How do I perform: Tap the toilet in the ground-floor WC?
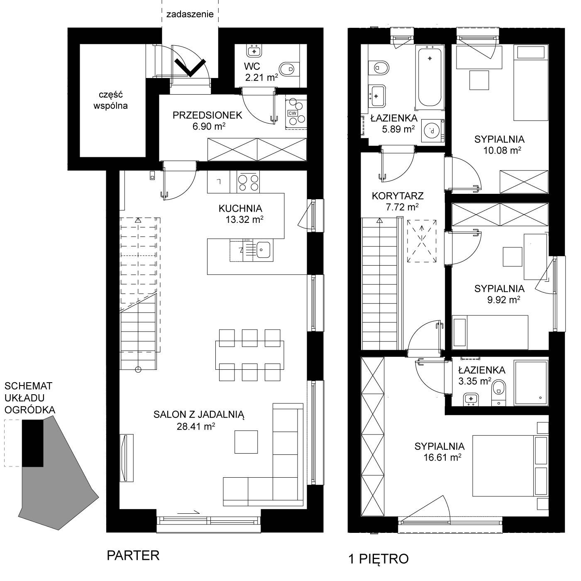click(289, 69)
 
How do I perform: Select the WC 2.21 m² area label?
click(261, 72)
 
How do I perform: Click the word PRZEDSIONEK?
click(207, 115)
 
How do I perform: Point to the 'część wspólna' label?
click(111, 100)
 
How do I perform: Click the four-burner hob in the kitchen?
click(248, 182)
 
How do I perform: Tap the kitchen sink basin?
click(263, 250)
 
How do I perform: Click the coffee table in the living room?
click(246, 442)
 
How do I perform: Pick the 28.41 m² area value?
click(196, 426)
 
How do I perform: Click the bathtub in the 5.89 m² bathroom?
click(430, 77)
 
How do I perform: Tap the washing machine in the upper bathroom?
click(433, 131)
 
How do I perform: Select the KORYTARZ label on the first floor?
click(398, 196)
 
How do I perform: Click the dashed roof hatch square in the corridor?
click(422, 241)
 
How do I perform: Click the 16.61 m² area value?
click(442, 457)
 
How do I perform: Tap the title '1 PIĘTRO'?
click(379, 559)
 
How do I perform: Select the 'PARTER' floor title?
click(133, 555)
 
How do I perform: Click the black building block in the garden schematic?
click(33, 443)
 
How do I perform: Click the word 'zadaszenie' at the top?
click(190, 14)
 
